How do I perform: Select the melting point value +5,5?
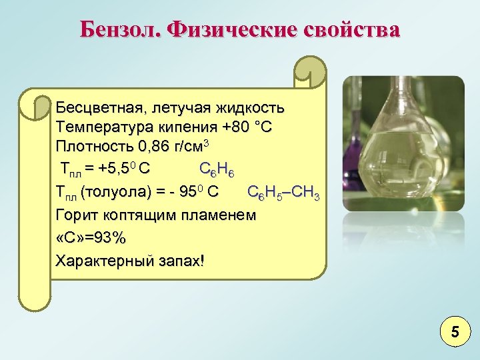(x=115, y=167)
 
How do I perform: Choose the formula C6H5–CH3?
(x=283, y=193)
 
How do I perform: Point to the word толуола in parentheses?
(x=117, y=193)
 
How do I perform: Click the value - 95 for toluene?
(x=185, y=193)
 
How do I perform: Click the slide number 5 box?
(x=455, y=331)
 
